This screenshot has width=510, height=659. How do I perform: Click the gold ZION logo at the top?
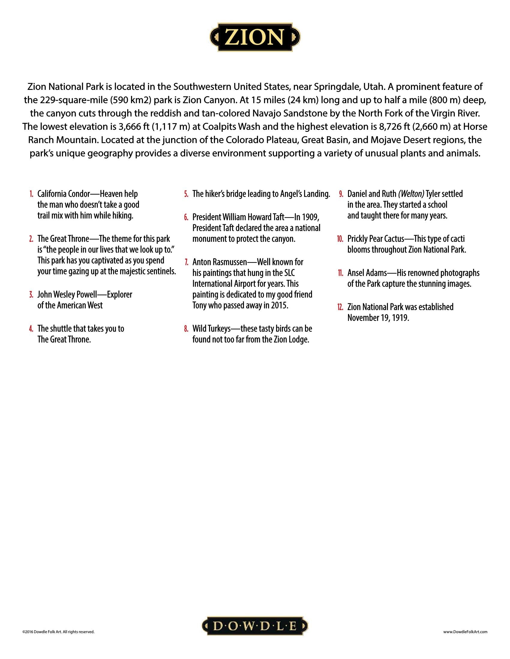point(255,37)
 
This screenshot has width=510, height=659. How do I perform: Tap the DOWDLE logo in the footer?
point(255,626)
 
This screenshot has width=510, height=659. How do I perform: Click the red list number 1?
point(31,194)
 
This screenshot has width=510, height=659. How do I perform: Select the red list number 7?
point(186,262)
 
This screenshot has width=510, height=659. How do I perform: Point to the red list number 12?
point(340,307)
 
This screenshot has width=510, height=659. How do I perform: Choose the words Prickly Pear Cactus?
point(376,239)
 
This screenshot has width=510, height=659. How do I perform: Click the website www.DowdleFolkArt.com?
point(465,631)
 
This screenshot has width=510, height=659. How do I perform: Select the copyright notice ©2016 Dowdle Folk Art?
point(58,631)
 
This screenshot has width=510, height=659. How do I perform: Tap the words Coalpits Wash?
point(231,127)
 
